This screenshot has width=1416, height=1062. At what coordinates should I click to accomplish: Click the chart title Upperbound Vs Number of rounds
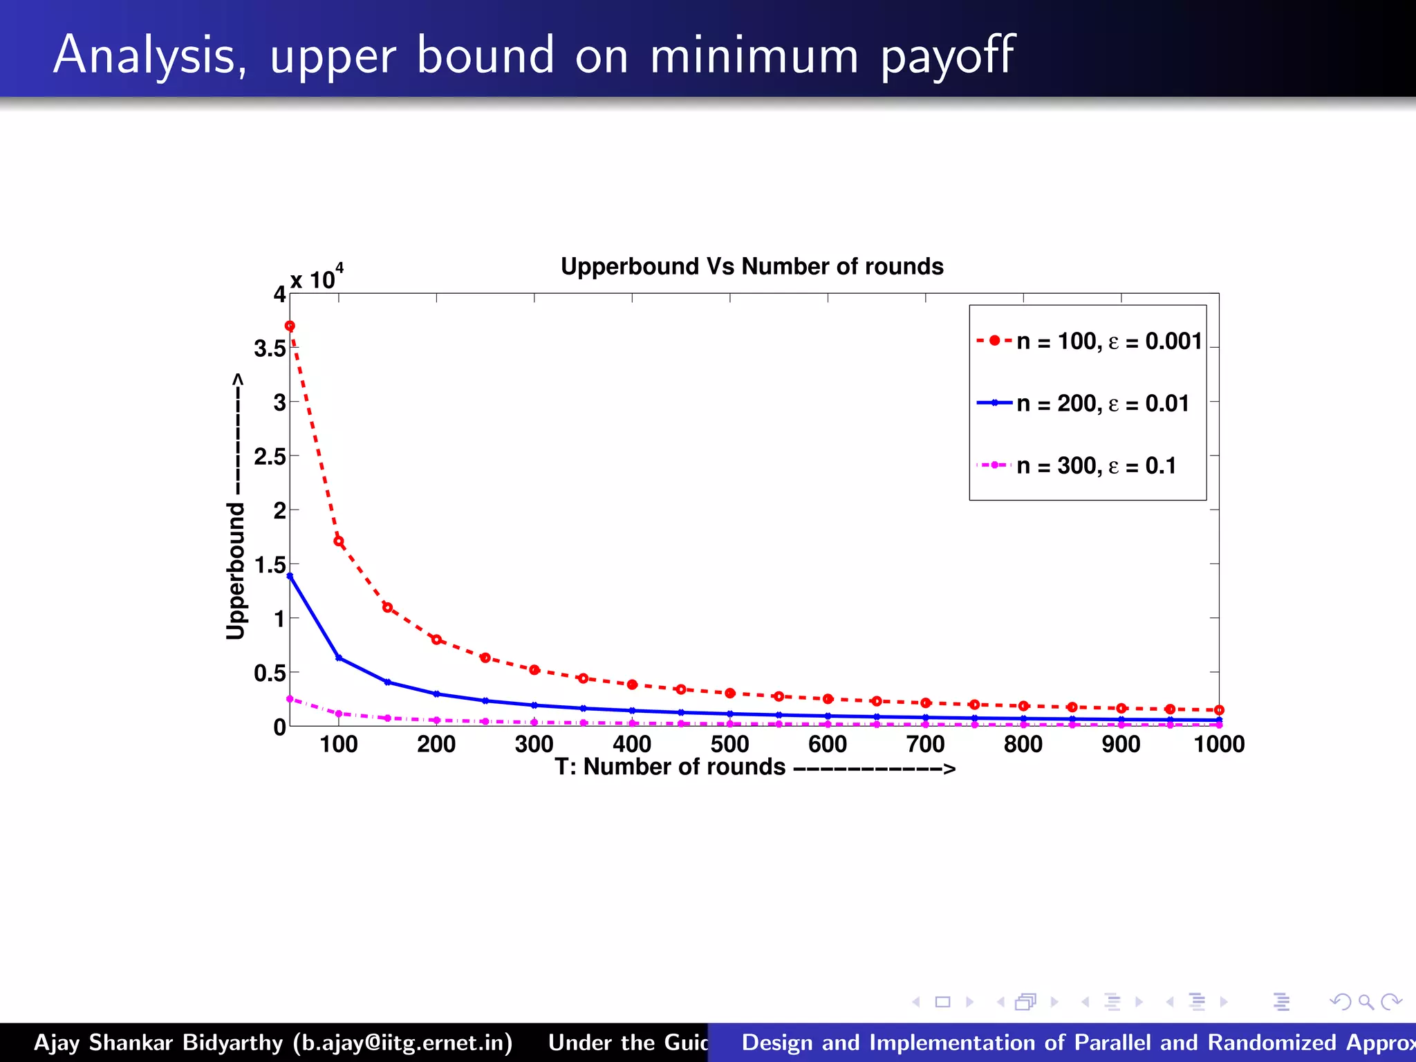tap(752, 266)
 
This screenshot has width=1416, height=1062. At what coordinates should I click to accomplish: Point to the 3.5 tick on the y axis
tap(270, 348)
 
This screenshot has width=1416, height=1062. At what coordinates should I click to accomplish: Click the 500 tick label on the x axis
tap(729, 745)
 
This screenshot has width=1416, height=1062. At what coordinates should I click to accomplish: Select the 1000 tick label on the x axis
tap(1218, 745)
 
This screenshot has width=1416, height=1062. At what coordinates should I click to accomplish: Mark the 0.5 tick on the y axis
tap(270, 673)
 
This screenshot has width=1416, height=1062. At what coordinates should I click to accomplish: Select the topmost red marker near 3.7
tap(290, 326)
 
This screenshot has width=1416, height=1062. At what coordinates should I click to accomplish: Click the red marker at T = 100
tap(339, 541)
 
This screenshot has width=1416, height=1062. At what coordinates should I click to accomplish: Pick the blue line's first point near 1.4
tap(290, 576)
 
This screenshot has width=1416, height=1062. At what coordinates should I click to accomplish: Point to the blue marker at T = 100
tap(339, 658)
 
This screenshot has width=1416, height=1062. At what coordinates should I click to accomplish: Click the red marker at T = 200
tap(436, 640)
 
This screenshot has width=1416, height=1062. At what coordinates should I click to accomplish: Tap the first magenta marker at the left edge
tap(290, 699)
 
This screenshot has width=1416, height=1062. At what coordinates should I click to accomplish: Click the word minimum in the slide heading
tap(754, 55)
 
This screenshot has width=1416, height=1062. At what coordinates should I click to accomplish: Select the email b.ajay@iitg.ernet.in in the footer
tap(403, 1043)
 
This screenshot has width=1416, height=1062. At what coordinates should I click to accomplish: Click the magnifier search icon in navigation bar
tap(1366, 1002)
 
